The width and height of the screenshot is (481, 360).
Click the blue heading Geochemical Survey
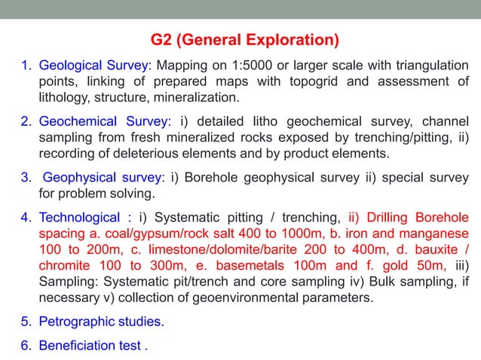(x=105, y=121)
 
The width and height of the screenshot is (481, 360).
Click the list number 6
(x=24, y=346)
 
